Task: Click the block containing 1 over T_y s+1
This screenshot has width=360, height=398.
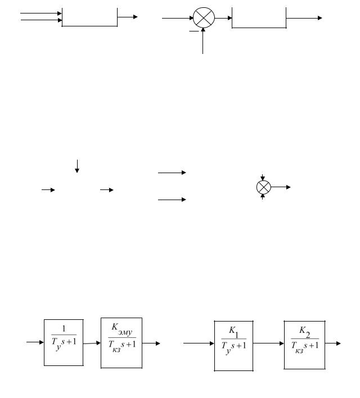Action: pos(64,342)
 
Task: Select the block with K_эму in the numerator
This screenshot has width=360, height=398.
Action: pos(122,342)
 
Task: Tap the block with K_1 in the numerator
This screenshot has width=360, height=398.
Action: pos(233,346)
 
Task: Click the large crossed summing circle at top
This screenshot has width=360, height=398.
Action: pos(204,18)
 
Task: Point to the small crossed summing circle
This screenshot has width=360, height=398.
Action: pos(263,187)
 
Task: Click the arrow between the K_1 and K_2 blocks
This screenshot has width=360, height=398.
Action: pos(268,343)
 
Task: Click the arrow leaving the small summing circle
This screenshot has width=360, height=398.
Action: pos(281,187)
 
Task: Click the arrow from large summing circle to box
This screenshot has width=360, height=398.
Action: pos(224,18)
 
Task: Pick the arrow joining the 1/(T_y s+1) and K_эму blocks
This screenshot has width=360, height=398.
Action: pos(92,342)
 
